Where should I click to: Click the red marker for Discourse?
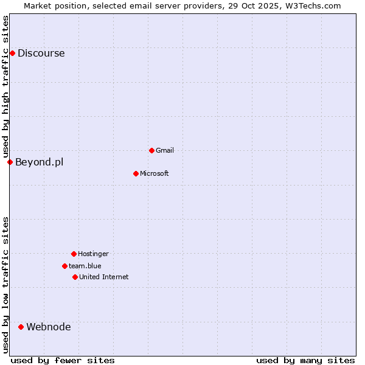click(x=12, y=53)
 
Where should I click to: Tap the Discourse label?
click(x=41, y=53)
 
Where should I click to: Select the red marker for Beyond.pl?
click(x=10, y=162)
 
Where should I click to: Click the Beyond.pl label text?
click(x=39, y=162)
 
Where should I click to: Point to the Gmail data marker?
click(x=151, y=150)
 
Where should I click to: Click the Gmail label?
click(x=165, y=150)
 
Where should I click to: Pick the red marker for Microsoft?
click(x=136, y=173)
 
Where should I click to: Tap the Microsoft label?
click(x=154, y=173)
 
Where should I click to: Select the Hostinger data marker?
click(x=74, y=254)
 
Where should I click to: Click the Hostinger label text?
click(x=93, y=254)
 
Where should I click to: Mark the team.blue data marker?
click(x=64, y=266)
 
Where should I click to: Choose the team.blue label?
click(x=85, y=266)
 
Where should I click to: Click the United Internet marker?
click(x=75, y=277)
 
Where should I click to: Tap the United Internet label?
click(x=103, y=277)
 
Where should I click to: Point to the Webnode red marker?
click(x=21, y=327)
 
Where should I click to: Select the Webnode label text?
click(x=48, y=327)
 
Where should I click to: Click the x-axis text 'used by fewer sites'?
click(x=63, y=360)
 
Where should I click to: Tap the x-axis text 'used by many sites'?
click(x=305, y=360)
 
